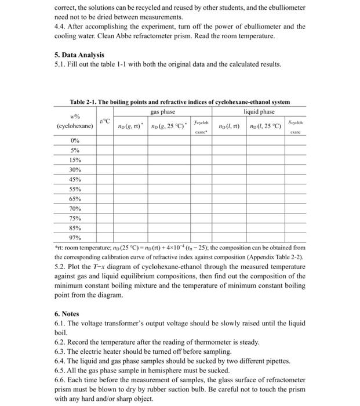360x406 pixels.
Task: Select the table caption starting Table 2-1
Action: pos(180,102)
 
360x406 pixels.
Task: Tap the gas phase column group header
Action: pos(162,111)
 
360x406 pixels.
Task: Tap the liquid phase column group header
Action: pos(259,111)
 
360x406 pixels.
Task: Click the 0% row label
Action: pos(75,140)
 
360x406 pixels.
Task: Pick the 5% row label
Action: pos(75,150)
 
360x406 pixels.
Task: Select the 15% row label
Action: pos(75,159)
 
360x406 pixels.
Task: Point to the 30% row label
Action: pos(75,169)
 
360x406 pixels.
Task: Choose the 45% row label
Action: pos(75,179)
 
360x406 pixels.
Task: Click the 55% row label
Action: pos(75,189)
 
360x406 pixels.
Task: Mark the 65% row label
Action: pos(75,199)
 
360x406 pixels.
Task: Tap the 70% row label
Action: pos(75,208)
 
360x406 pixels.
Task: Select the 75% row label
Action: pos(75,218)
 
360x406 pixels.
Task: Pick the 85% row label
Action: pos(75,228)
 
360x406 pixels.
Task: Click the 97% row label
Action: pos(75,238)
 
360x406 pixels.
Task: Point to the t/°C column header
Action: pos(104,120)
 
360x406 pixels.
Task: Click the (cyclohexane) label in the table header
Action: pos(75,126)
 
